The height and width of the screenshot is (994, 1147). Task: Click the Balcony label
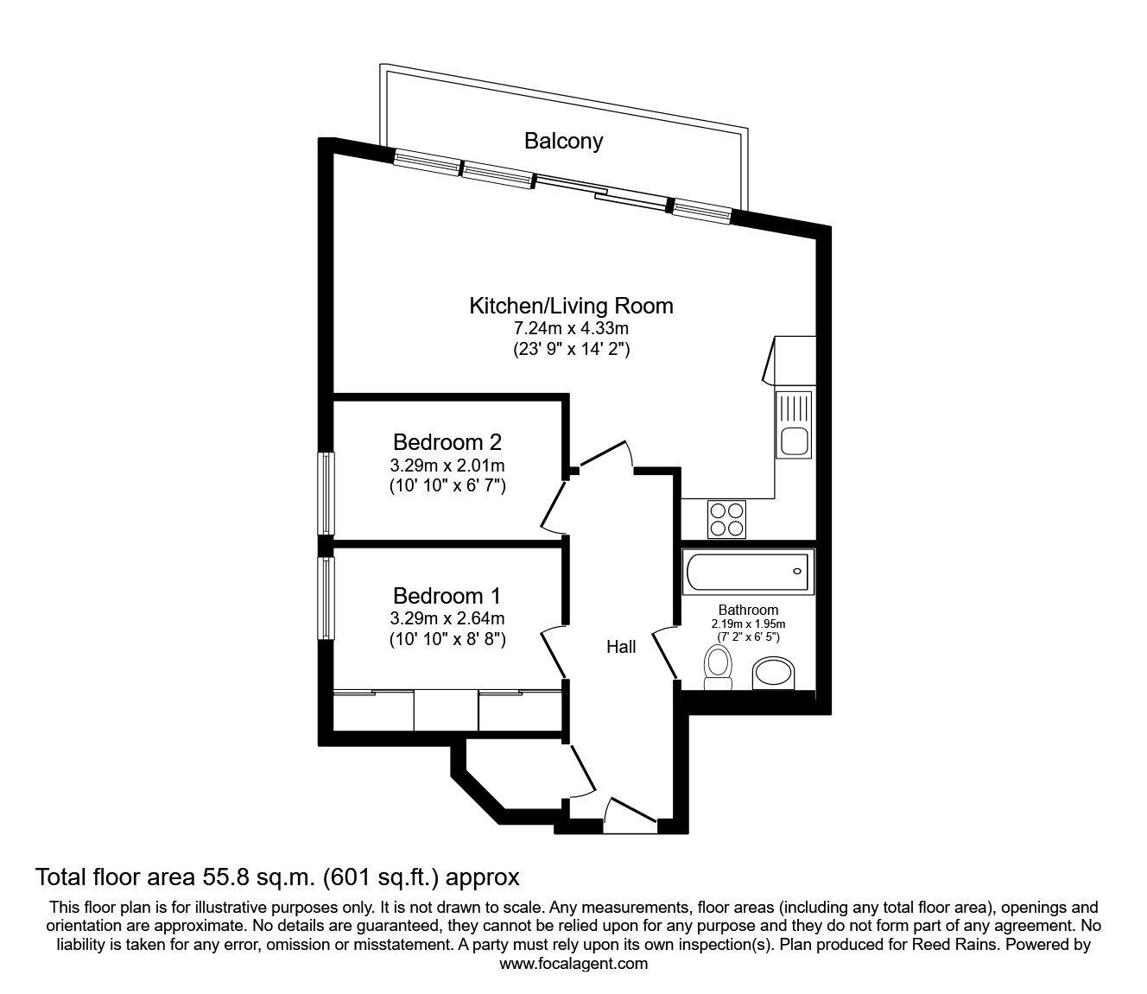[563, 141]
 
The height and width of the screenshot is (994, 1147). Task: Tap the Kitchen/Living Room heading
[571, 305]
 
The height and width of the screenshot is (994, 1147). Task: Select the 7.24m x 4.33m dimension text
[571, 328]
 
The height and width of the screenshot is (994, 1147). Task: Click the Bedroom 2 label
[447, 442]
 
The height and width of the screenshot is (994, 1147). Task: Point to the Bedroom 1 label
[447, 595]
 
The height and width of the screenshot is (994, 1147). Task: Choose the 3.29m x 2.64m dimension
[447, 618]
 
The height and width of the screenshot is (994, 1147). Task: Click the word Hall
[621, 646]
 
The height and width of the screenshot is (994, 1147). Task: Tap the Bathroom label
[748, 610]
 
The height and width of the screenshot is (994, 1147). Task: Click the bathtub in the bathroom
[748, 573]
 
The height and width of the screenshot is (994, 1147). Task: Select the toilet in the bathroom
[718, 670]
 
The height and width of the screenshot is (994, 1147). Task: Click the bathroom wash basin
[777, 674]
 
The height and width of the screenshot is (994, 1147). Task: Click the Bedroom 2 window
[326, 494]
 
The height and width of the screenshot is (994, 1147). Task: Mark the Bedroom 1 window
[326, 598]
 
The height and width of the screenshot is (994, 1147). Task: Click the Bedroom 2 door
[554, 506]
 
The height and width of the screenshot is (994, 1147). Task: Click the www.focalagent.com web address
[573, 964]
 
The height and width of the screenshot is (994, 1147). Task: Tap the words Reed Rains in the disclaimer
[947, 945]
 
